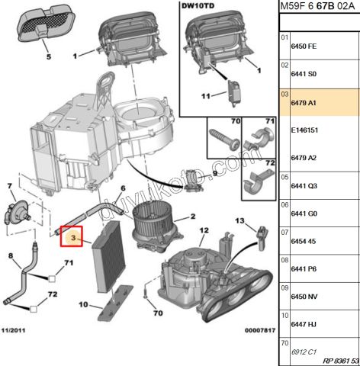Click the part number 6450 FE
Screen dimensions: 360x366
304,47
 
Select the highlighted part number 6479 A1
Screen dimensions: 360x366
304,103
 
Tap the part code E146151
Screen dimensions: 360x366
304,130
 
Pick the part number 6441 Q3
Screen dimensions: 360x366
304,186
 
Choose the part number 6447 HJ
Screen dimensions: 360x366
304,324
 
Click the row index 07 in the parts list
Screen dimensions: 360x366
284,232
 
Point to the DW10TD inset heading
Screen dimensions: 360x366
198,6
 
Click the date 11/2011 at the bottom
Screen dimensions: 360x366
13,330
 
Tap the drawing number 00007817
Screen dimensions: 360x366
260,330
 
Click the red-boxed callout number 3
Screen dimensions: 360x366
73,238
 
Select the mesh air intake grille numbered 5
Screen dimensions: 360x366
46,24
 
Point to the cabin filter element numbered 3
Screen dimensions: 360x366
109,257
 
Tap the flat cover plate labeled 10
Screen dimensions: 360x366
115,303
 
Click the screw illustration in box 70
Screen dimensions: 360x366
224,139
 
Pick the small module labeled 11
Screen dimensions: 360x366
234,93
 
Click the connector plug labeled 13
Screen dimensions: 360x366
262,238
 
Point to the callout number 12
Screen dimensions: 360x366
204,230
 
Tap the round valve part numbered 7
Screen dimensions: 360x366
18,213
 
